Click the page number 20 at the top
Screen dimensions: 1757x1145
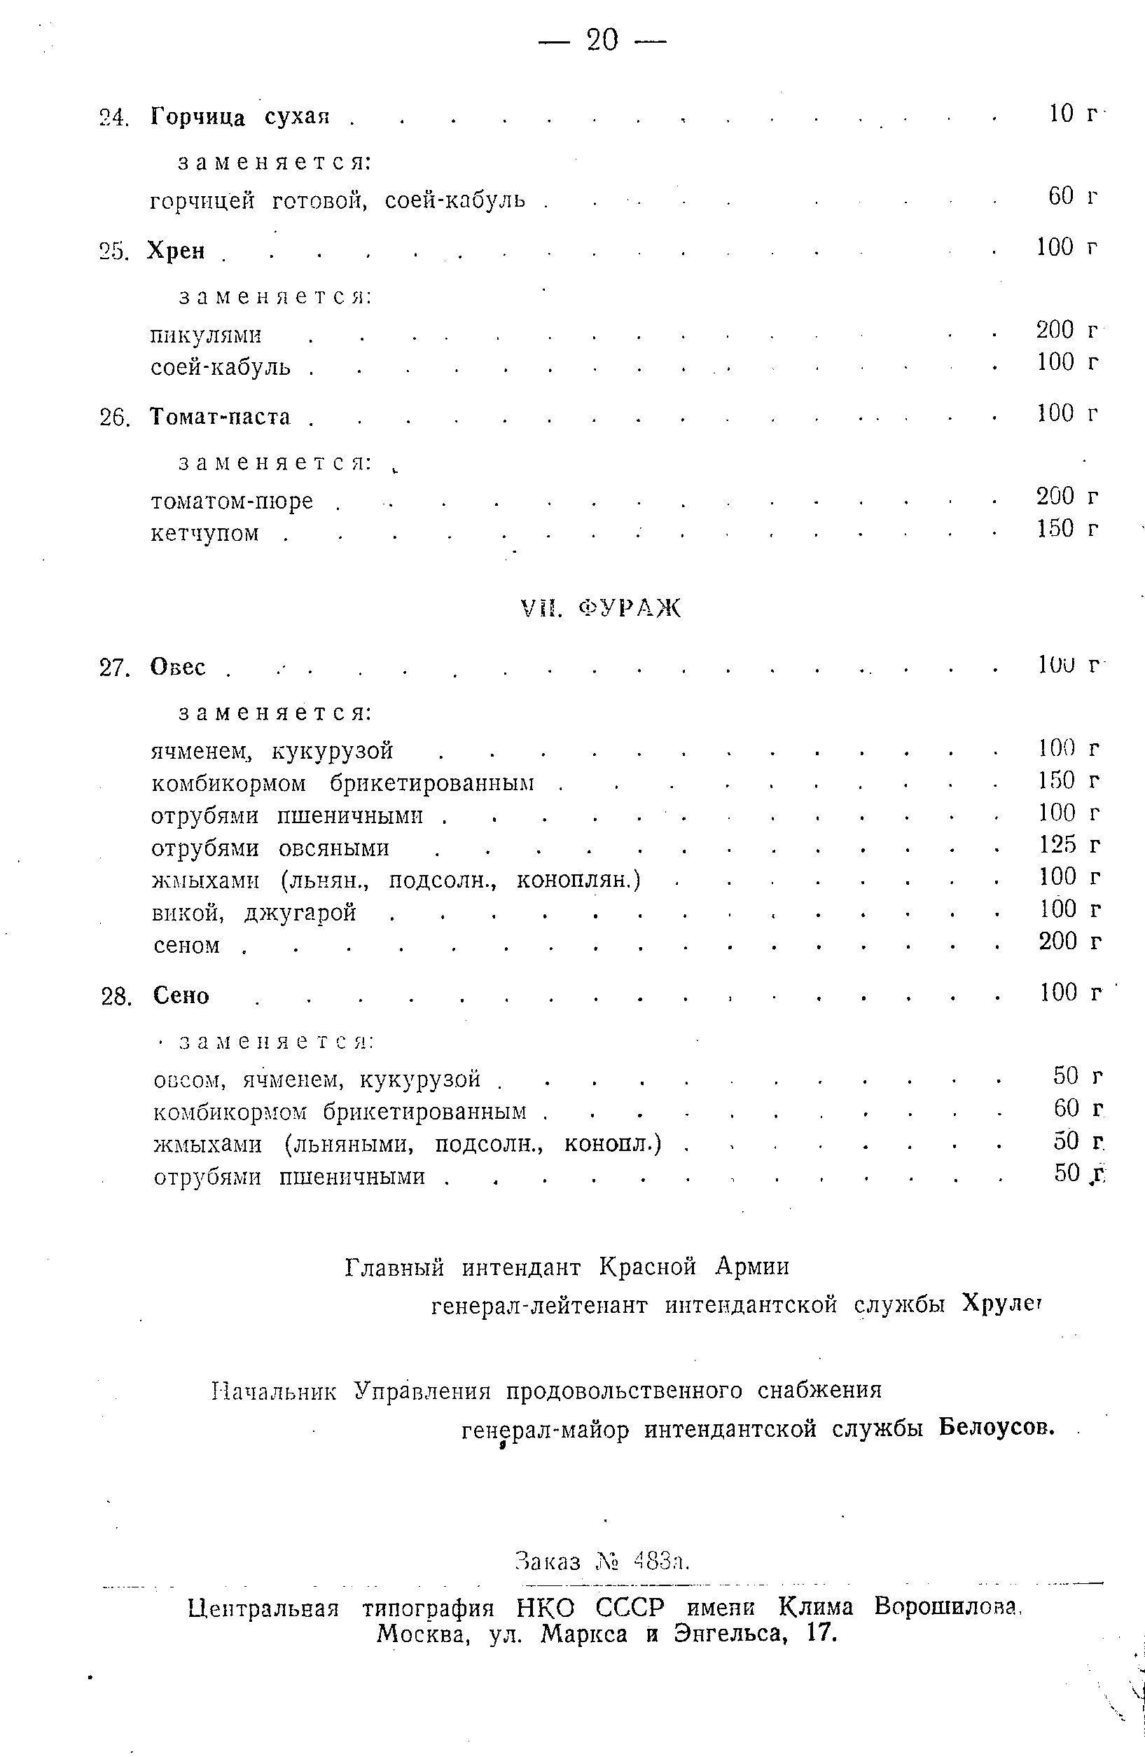[x=602, y=39]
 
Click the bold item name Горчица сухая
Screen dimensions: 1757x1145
[x=240, y=116]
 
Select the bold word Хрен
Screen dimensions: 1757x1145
[x=176, y=251]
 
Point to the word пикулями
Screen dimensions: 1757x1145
[x=207, y=336]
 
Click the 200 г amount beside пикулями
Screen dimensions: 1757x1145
[x=1067, y=330]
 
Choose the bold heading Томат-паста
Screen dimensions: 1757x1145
[x=221, y=417]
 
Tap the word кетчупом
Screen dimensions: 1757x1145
[x=205, y=533]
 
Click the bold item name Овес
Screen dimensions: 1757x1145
[x=179, y=668]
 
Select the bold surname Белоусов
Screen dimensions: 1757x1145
[x=997, y=1428]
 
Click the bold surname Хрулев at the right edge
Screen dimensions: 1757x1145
[x=1001, y=1305]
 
